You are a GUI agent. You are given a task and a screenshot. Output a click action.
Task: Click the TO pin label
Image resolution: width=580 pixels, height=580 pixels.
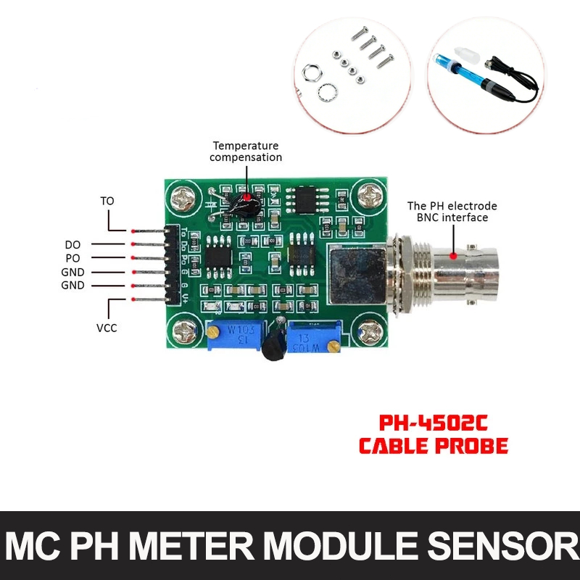107,201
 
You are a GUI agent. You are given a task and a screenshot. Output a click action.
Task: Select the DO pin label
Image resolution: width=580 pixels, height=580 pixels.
72,245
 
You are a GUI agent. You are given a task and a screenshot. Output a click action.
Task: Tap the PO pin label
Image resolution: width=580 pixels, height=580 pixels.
72,258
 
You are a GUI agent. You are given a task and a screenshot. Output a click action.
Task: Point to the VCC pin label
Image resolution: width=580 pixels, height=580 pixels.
107,328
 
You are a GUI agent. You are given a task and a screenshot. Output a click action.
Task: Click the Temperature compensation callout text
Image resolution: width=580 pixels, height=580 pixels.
246,152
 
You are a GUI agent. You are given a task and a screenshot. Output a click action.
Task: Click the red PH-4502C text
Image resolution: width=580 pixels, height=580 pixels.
433,423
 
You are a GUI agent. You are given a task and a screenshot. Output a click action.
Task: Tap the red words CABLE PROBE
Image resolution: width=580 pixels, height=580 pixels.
434,445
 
